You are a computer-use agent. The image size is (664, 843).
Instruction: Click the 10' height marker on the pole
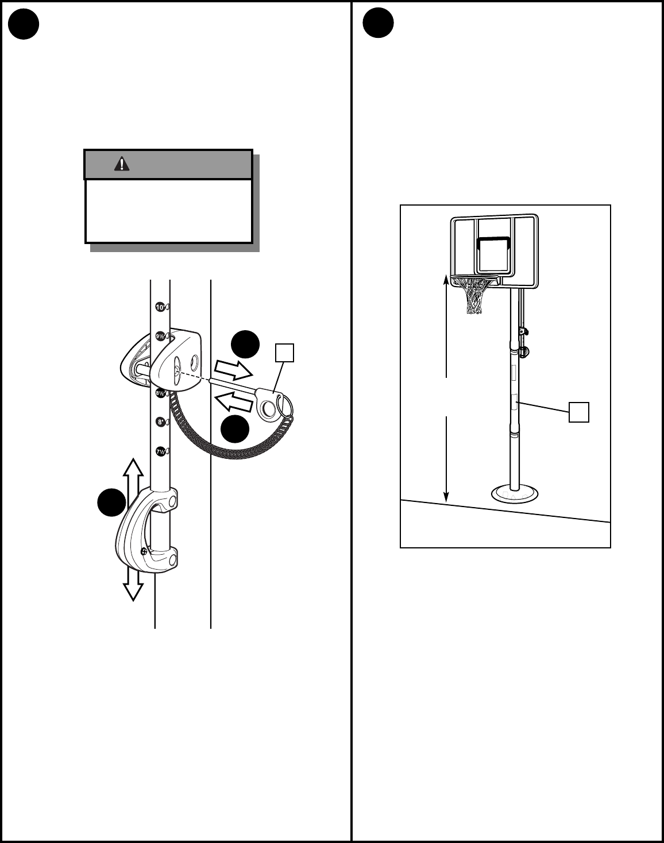pyautogui.click(x=160, y=307)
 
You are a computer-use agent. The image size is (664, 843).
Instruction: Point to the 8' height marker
pyautogui.click(x=161, y=422)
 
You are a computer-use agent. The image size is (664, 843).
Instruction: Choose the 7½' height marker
pyautogui.click(x=161, y=451)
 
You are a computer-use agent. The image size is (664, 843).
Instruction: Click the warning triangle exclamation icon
pyautogui.click(x=122, y=164)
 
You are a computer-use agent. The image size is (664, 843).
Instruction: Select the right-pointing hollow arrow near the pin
pyautogui.click(x=233, y=370)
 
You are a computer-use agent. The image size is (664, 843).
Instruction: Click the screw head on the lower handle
pyautogui.click(x=143, y=551)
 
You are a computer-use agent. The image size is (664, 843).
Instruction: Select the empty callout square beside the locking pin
pyautogui.click(x=285, y=353)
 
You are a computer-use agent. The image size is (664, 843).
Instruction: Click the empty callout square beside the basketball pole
pyautogui.click(x=579, y=412)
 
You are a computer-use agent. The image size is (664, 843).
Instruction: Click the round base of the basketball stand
pyautogui.click(x=514, y=493)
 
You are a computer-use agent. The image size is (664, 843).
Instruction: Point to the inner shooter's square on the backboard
pyautogui.click(x=494, y=252)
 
